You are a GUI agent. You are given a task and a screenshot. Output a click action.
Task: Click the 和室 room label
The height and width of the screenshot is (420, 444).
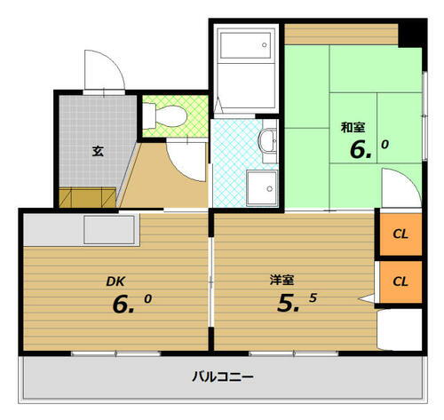(x=352, y=127)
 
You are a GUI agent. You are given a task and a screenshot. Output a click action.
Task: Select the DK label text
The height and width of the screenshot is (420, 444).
(x=115, y=281)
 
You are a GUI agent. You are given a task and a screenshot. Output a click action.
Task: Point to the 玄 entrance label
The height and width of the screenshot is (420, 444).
(x=97, y=150)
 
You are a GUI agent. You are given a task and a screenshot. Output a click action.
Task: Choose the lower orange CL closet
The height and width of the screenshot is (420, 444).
(x=400, y=281)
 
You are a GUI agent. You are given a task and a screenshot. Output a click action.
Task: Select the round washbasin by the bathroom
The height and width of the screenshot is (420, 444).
(x=267, y=139)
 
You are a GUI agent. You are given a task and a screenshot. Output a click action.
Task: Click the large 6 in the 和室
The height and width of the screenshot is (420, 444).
(x=361, y=148)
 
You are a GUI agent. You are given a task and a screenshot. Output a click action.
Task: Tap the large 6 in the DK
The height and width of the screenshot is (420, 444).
(x=123, y=305)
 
